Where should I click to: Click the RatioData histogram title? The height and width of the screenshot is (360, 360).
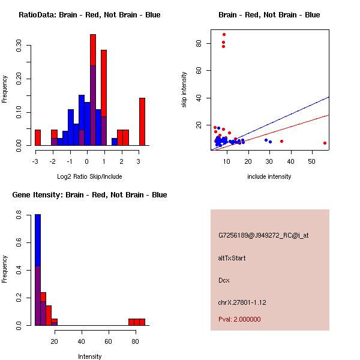pyautogui.click(x=89, y=15)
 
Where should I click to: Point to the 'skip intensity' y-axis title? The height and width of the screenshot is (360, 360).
pyautogui.click(x=184, y=90)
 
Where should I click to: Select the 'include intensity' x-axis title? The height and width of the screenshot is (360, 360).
pyautogui.click(x=269, y=176)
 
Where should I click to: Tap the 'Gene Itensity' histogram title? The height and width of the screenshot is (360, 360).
pyautogui.click(x=89, y=195)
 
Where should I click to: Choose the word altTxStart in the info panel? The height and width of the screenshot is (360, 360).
pyautogui.click(x=232, y=258)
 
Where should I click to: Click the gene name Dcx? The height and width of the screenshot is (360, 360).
pyautogui.click(x=224, y=280)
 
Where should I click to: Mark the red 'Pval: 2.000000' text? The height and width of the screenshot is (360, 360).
pyautogui.click(x=239, y=319)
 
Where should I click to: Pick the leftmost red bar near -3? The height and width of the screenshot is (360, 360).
pyautogui.click(x=37, y=137)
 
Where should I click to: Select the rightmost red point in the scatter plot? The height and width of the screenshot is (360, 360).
pyautogui.click(x=325, y=143)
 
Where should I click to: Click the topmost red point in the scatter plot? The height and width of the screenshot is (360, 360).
pyautogui.click(x=224, y=35)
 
